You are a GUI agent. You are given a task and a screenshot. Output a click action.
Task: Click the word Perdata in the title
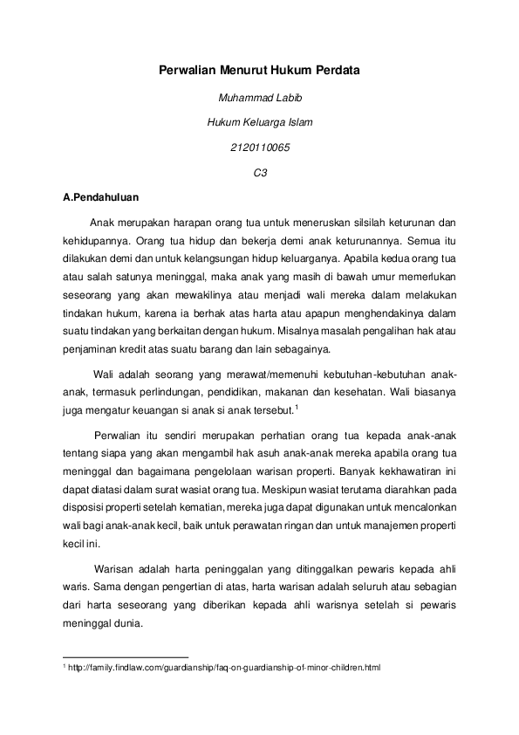click(x=336, y=68)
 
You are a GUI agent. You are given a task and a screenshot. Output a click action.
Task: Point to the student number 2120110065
click(x=259, y=148)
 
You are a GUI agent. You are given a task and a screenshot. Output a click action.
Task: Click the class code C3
click(x=259, y=173)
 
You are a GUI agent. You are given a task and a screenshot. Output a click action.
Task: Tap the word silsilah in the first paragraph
click(x=347, y=222)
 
